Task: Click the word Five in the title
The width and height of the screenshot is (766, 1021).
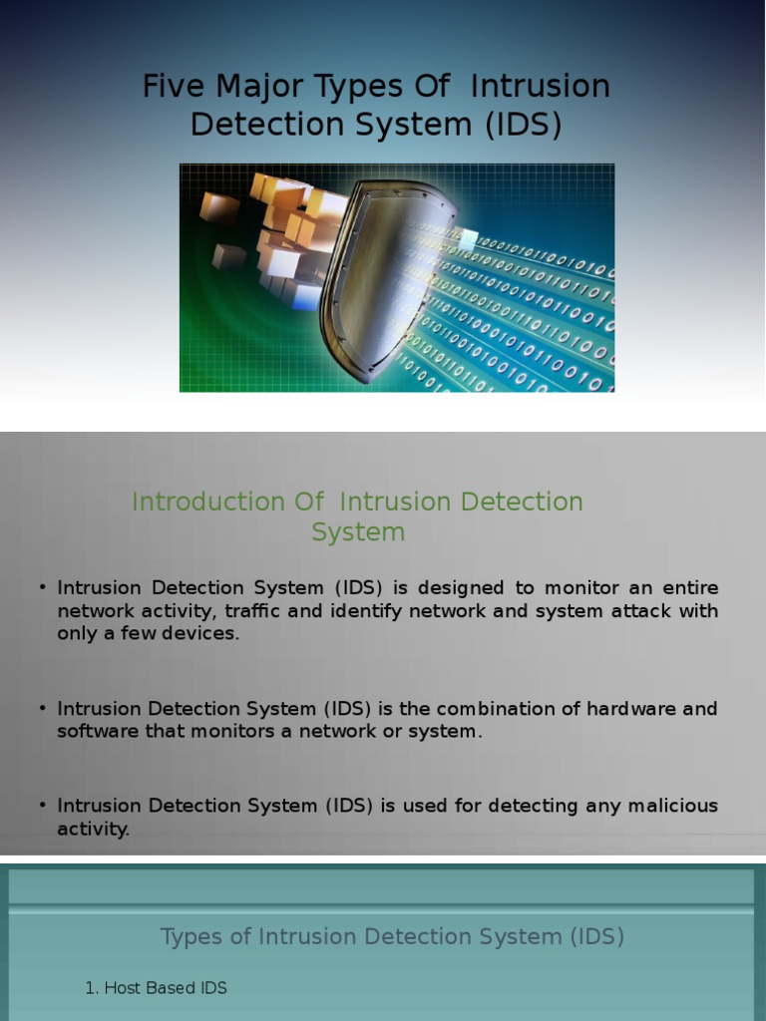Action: point(166,87)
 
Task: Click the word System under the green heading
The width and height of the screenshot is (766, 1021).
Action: point(358,532)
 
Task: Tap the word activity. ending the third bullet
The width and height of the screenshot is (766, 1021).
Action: point(93,829)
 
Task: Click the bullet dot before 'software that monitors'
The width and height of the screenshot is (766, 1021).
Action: point(44,708)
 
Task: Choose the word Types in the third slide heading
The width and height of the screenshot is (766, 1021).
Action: point(190,936)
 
